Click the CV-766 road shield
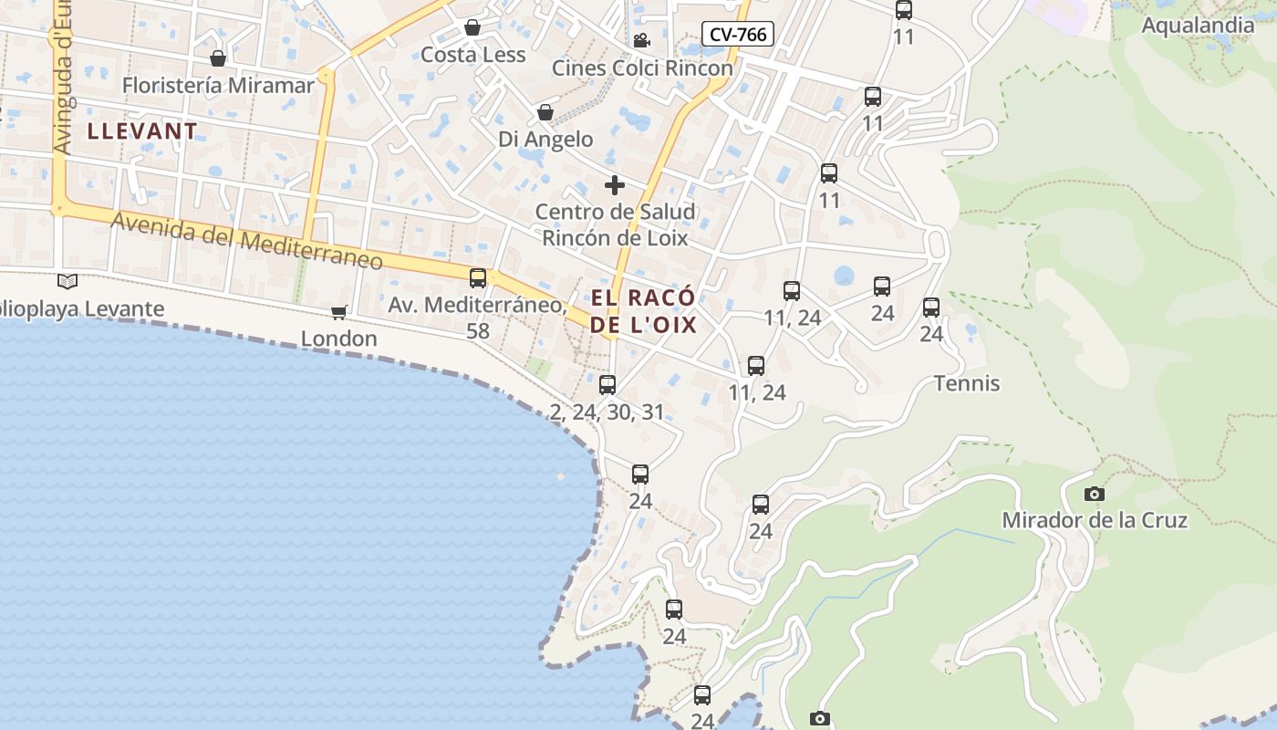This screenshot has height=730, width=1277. (738, 35)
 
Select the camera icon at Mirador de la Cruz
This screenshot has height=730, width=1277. (1094, 495)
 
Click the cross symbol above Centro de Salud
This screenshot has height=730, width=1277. (615, 185)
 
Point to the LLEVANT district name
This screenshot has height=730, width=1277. (142, 131)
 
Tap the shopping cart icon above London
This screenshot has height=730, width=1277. (339, 313)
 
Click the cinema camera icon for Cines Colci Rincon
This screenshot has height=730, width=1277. (641, 41)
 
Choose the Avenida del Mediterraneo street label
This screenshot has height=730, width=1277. (246, 241)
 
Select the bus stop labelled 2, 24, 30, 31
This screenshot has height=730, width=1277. (607, 385)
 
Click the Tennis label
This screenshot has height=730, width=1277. (967, 383)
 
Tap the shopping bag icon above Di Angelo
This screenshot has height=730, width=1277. (545, 112)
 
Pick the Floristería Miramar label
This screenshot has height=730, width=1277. (218, 86)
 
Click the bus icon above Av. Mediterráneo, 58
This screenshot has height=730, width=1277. (478, 278)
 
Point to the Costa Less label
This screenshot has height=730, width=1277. (472, 55)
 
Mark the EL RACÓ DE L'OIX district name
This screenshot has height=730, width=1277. (643, 311)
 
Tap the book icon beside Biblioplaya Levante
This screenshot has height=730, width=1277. (67, 281)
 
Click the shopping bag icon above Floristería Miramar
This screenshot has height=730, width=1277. (218, 59)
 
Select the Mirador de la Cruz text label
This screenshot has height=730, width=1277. (1095, 521)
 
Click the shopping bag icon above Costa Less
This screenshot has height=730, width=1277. (472, 27)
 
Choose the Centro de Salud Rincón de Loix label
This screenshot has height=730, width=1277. (615, 224)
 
